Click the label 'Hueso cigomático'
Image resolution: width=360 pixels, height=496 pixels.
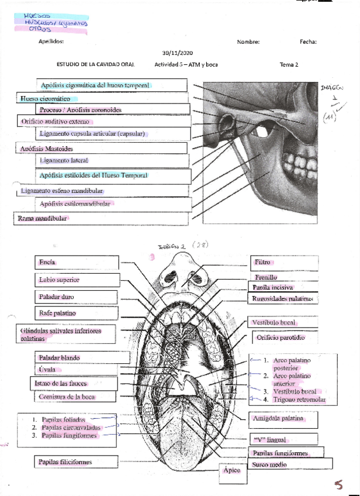click(41, 99)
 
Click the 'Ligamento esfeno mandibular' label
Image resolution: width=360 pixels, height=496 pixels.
click(62, 191)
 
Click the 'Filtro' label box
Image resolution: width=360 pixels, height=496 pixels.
click(262, 263)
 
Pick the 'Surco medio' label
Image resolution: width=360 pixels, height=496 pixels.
click(269, 464)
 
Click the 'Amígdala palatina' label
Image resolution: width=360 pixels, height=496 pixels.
click(278, 419)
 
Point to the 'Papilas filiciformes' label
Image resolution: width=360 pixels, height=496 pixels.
click(65, 462)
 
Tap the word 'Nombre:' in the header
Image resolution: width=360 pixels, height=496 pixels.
click(248, 42)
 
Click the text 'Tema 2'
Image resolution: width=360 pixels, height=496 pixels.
click(289, 64)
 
